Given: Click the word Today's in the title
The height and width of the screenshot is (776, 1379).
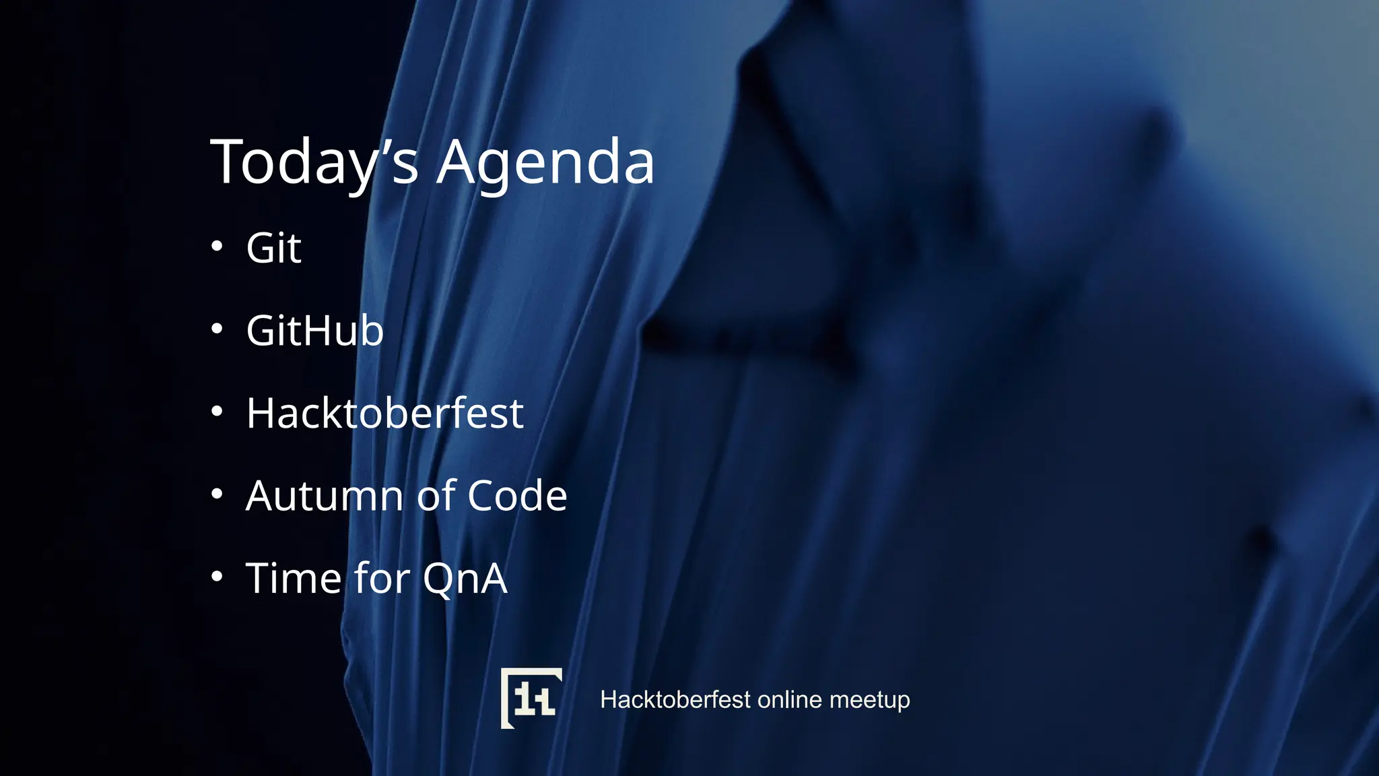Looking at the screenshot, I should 314,162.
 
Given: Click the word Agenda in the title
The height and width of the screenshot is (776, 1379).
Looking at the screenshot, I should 545,162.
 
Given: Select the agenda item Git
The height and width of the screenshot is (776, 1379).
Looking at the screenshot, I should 273,248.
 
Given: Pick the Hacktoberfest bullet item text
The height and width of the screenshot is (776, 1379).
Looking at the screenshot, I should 384,413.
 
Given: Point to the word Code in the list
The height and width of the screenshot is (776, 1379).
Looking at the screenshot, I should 517,496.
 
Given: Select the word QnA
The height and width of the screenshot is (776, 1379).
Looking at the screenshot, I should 465,578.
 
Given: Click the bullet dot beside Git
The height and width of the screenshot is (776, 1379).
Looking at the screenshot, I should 217,246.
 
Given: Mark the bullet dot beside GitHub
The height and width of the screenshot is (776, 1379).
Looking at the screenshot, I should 217,329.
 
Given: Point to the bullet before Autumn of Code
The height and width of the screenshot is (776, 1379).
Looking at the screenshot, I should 217,494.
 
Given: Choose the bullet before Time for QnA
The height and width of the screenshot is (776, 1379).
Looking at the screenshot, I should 217,576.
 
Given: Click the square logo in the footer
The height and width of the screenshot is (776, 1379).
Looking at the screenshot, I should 531,698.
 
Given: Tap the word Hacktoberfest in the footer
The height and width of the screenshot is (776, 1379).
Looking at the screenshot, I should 675,700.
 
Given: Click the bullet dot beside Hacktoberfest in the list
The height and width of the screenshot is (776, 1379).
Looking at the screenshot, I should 217,411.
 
